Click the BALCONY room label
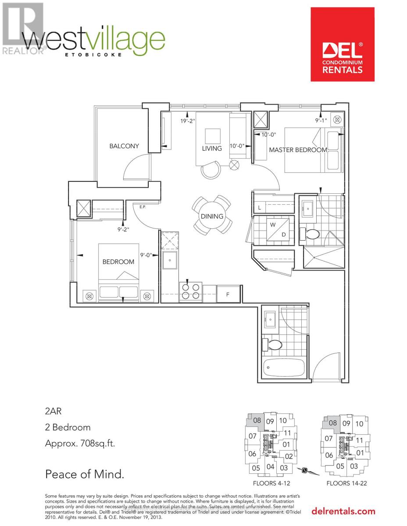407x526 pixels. click(124, 146)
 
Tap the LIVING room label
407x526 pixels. click(212, 149)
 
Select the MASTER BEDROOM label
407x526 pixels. click(298, 149)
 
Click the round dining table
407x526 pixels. click(212, 216)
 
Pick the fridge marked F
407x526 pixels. click(228, 294)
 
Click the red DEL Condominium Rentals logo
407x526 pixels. click(343, 44)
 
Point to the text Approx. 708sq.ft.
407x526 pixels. click(80, 443)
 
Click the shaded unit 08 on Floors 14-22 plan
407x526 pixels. click(332, 423)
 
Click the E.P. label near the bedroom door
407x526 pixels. click(142, 207)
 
